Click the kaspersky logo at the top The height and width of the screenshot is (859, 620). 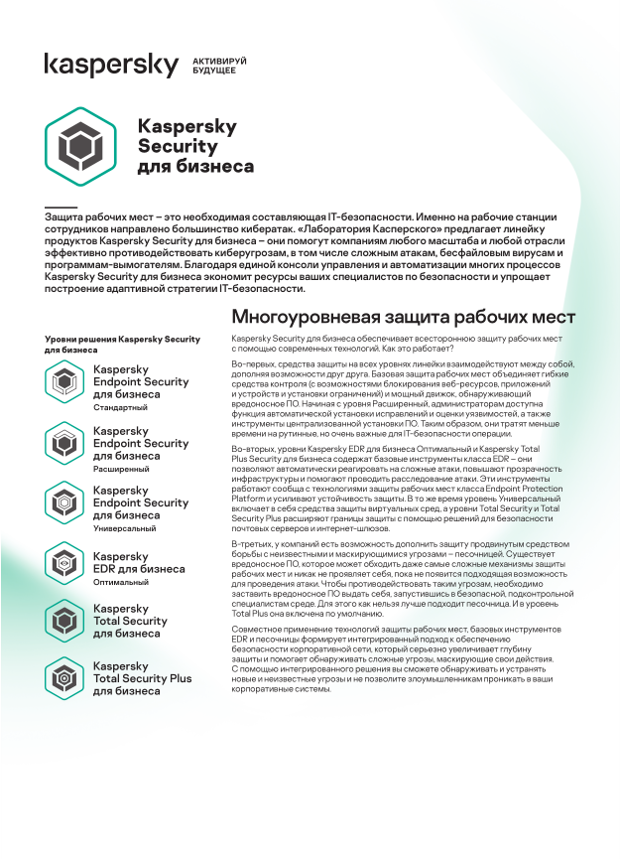tap(110, 66)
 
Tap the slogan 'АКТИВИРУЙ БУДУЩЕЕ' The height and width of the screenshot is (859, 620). tap(219, 67)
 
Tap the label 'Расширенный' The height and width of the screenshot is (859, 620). tap(121, 468)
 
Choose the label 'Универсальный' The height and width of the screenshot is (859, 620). tap(124, 528)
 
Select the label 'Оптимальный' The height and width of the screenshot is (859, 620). tap(121, 582)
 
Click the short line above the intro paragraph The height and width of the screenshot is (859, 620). tap(61, 207)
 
